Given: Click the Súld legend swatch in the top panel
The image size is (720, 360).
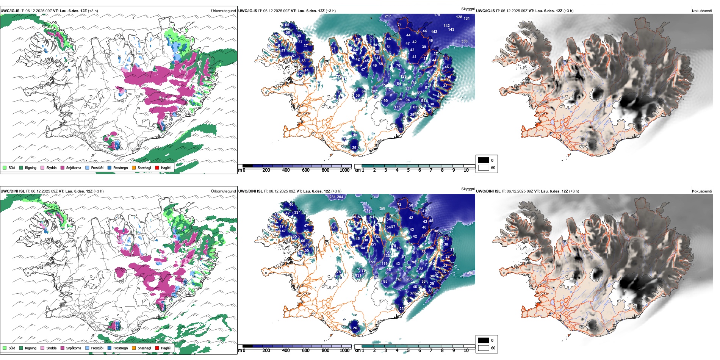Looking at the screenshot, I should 5,167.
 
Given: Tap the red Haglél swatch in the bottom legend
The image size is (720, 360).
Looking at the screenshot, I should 157,348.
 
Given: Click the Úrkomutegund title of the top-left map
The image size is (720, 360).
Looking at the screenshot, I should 223,11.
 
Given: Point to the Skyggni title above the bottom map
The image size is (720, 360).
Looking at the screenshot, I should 468,189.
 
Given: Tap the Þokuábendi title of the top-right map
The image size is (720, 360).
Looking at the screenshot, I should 702,11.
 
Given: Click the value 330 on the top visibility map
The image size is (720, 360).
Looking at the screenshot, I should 464,41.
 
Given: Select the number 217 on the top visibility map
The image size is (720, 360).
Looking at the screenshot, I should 388,16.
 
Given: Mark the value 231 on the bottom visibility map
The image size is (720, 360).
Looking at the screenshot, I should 332,197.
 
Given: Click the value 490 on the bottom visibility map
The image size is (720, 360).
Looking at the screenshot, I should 470,273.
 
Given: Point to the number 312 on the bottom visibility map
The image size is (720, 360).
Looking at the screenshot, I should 367,210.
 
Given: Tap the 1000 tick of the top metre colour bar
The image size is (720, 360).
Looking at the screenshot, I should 344,170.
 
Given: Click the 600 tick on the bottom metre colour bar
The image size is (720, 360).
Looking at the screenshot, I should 306,351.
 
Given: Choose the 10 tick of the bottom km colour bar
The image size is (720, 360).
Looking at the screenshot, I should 466,351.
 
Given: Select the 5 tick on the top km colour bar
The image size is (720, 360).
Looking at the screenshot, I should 408,170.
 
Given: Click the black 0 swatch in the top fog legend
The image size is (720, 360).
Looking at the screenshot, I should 484,160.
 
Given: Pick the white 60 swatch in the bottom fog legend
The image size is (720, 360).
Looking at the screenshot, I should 484,348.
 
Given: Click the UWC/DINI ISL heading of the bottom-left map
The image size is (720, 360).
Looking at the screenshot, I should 13,191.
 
